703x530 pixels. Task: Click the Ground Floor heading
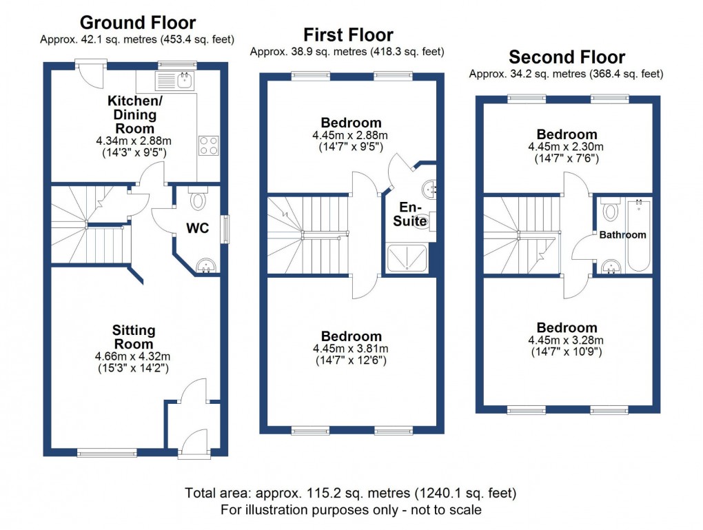pyautogui.click(x=137, y=23)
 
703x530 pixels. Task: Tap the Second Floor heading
pyautogui.click(x=567, y=57)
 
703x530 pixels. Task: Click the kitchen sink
pyautogui.click(x=185, y=80)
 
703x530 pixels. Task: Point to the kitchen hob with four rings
pyautogui.click(x=210, y=145)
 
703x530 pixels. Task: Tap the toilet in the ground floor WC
pyautogui.click(x=198, y=200)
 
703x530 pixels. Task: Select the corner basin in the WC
pyautogui.click(x=206, y=265)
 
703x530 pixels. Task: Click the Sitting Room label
pyautogui.click(x=134, y=338)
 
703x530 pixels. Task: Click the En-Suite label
pyautogui.click(x=411, y=213)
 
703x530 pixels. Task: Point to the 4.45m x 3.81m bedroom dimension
pyautogui.click(x=350, y=349)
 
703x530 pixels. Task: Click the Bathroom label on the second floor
pyautogui.click(x=622, y=235)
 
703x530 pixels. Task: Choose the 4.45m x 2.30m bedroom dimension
pyautogui.click(x=566, y=147)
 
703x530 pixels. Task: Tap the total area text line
pyautogui.click(x=350, y=493)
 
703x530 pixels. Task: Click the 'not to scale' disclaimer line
pyautogui.click(x=350, y=510)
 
